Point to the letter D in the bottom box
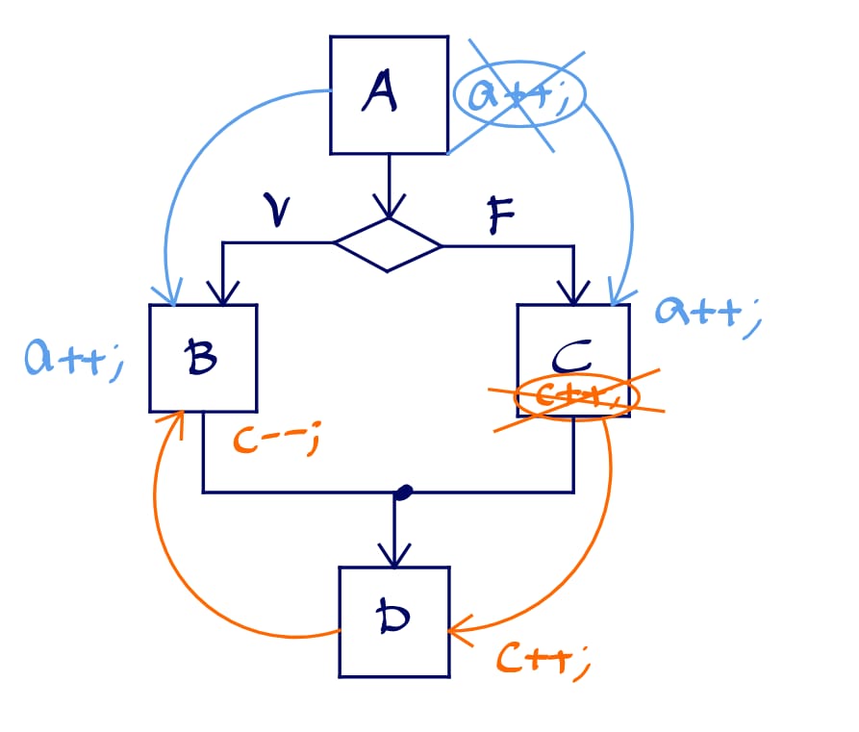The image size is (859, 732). pyautogui.click(x=394, y=620)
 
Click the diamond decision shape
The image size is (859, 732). pyautogui.click(x=388, y=244)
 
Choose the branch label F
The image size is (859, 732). pyautogui.click(x=499, y=217)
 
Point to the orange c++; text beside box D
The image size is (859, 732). pyautogui.click(x=541, y=658)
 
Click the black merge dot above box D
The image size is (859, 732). pyautogui.click(x=403, y=492)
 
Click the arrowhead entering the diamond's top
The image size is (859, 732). pyautogui.click(x=389, y=209)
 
